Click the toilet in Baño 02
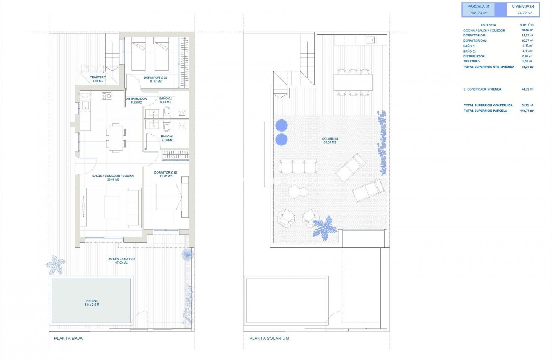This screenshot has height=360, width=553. click(167, 111)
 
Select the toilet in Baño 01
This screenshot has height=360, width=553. click(167, 126)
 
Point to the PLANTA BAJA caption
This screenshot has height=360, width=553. click(68, 338)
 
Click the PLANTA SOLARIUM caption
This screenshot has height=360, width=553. click(269, 338)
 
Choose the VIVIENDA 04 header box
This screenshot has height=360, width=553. click(523, 9)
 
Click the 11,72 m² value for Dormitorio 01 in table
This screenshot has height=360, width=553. click(527, 36)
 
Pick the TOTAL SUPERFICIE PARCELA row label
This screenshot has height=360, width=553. click(485, 111)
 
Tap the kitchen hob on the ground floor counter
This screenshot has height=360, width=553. click(106, 96)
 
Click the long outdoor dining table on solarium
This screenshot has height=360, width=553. click(353, 82)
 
